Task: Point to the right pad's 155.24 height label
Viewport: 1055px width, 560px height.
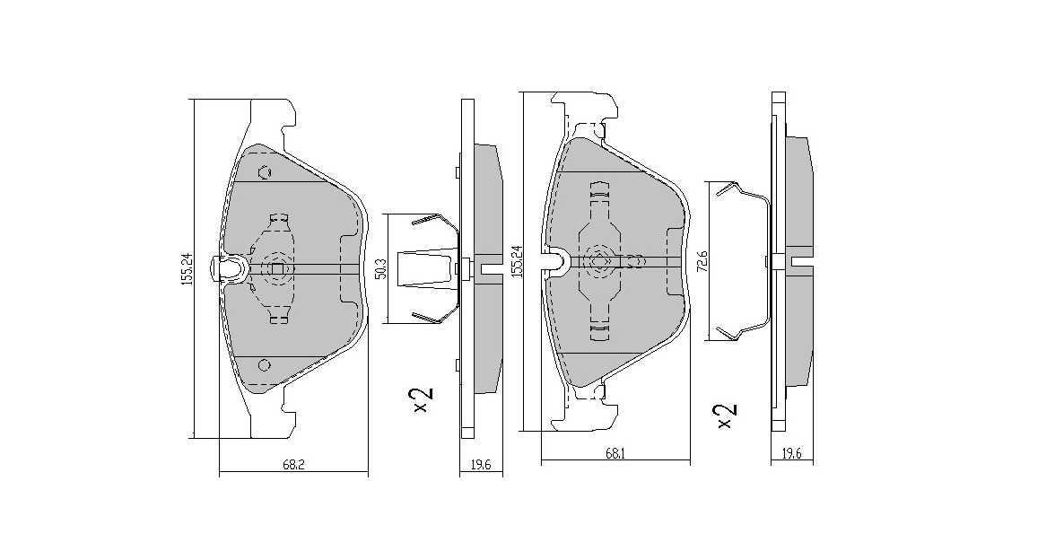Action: tap(517, 261)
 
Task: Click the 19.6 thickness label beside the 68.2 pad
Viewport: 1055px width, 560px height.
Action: tap(481, 465)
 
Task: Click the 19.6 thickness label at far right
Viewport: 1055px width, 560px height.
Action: tap(791, 454)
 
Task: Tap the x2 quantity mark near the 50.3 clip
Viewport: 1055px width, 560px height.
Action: tap(423, 400)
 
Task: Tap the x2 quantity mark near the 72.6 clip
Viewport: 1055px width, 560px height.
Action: tap(728, 416)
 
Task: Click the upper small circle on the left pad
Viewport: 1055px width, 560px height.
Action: tap(265, 172)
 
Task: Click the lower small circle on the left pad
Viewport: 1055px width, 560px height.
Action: tap(265, 364)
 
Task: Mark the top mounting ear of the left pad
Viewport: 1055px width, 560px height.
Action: tap(273, 121)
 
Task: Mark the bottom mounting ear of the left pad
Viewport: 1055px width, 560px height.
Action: tap(273, 415)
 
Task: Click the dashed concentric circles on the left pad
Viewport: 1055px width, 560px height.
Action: tap(277, 267)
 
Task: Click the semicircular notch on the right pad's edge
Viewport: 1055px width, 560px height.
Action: tap(558, 261)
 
